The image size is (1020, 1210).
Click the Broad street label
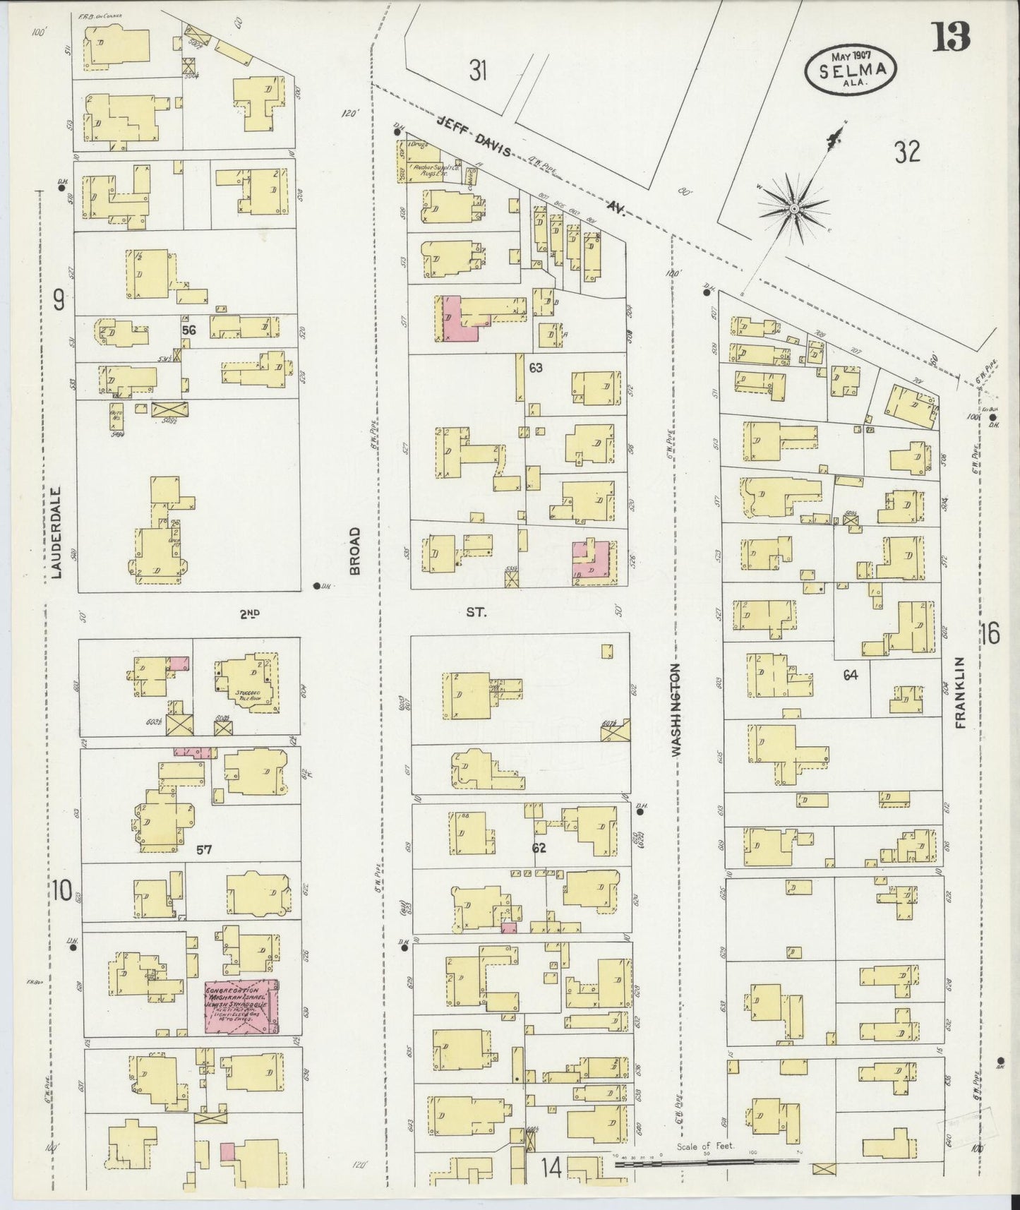tap(354, 551)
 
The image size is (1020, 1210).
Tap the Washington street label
tap(676, 709)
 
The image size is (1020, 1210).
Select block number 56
tap(188, 330)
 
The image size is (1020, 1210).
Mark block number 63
tap(536, 366)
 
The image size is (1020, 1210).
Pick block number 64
tap(850, 675)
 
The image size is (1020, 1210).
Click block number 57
tap(205, 849)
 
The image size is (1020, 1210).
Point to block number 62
tap(539, 847)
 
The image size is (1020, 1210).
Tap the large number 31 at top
tap(479, 71)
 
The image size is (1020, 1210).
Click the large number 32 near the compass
tap(906, 152)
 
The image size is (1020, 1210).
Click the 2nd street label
tap(248, 613)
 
